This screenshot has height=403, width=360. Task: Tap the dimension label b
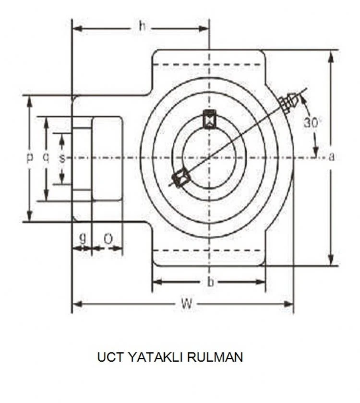(210, 282)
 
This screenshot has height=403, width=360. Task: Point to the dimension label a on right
(331, 157)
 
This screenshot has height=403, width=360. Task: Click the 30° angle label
(311, 123)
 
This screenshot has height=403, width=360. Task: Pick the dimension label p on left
(30, 157)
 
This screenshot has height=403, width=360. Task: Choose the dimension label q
(46, 157)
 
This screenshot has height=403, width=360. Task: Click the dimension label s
(62, 157)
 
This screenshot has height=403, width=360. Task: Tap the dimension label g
(83, 238)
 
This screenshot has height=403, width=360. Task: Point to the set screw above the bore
(209, 119)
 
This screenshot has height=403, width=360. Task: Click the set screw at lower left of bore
(181, 178)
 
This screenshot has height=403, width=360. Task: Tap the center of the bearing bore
(209, 157)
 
